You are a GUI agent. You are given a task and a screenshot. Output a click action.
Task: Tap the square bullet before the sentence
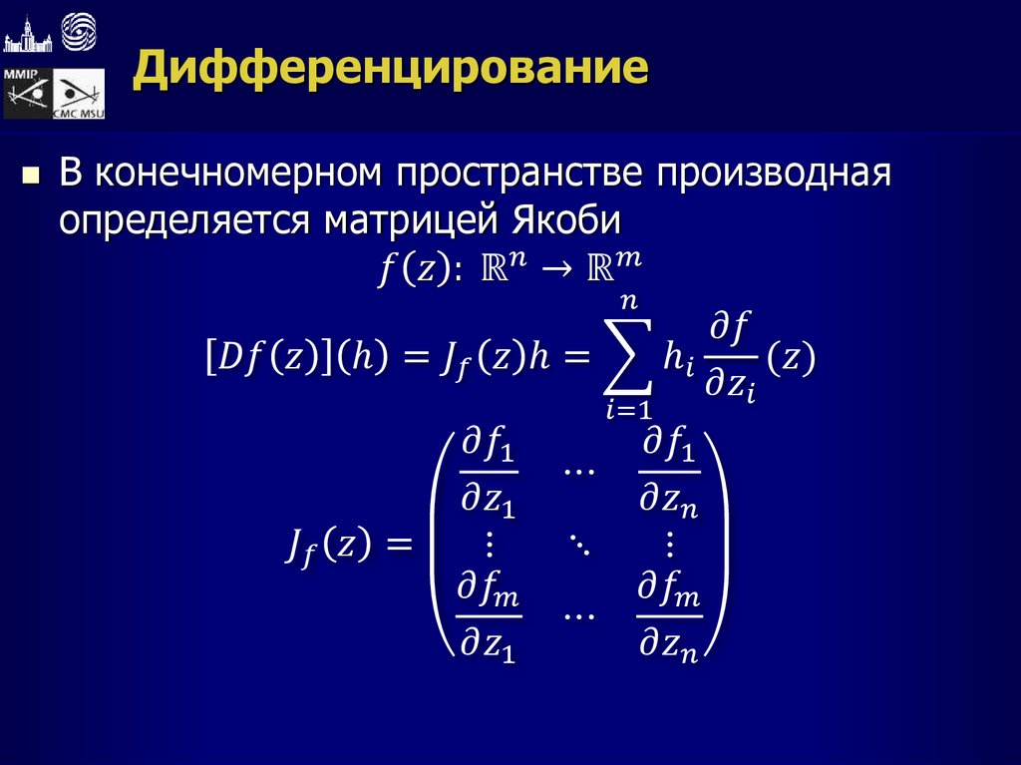tap(30, 178)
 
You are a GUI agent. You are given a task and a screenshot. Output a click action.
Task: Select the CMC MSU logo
tap(80, 96)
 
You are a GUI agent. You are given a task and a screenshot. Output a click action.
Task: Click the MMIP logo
tap(26, 94)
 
